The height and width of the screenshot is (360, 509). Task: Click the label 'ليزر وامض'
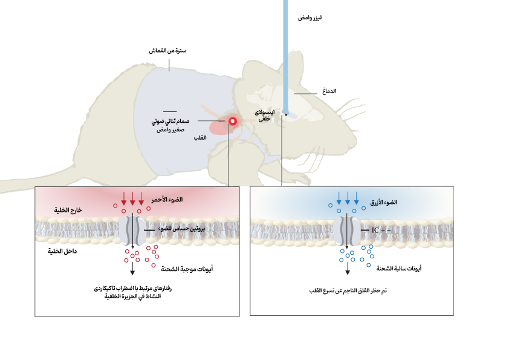click(x=310, y=18)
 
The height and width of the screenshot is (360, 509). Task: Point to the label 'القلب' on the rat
click(x=199, y=139)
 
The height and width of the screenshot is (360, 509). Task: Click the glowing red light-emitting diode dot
click(x=232, y=121)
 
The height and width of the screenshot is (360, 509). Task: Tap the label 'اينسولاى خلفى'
click(x=264, y=116)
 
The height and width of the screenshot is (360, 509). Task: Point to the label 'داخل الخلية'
click(x=62, y=250)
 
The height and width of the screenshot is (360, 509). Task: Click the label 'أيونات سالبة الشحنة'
click(x=400, y=267)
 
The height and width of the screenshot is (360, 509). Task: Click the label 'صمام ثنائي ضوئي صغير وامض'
click(x=169, y=125)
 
